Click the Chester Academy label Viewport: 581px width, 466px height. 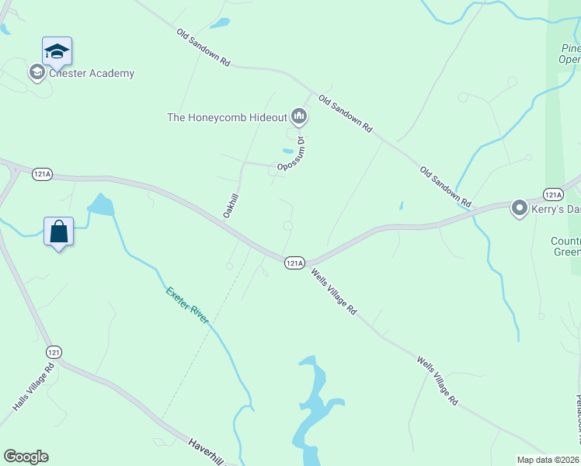click(91, 74)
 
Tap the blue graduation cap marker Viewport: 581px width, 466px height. click(57, 52)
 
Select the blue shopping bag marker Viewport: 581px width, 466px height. click(58, 231)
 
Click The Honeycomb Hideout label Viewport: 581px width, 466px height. click(227, 117)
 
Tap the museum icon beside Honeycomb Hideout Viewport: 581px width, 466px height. click(299, 117)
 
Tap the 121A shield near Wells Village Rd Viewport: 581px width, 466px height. click(294, 263)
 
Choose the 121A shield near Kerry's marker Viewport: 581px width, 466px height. click(552, 194)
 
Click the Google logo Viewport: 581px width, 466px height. click(26, 457)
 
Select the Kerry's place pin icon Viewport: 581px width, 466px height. click(520, 208)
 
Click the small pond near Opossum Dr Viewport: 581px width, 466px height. click(288, 151)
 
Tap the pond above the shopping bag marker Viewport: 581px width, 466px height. click(101, 205)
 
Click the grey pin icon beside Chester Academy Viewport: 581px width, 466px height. click(37, 73)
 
